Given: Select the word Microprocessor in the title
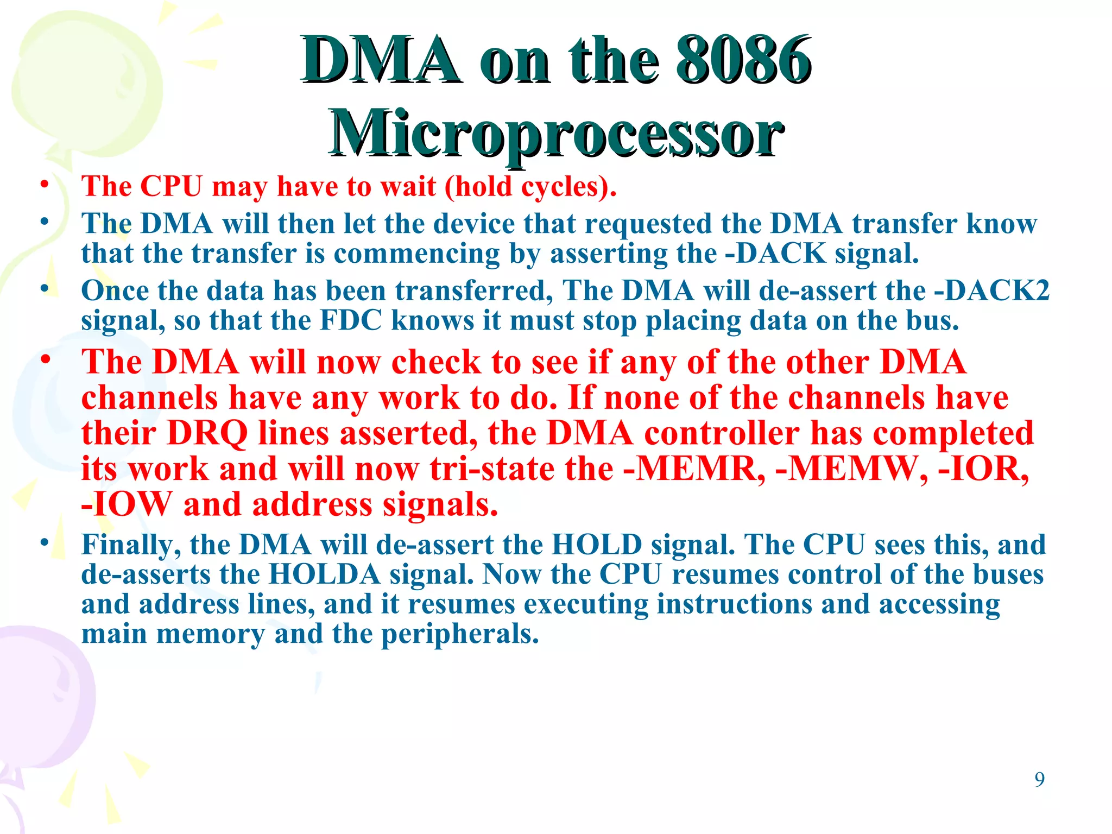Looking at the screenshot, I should click(x=556, y=133).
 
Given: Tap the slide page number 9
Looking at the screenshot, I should click(x=1039, y=779).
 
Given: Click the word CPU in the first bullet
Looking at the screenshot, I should click(x=172, y=186).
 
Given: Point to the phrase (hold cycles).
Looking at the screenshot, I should click(x=530, y=187).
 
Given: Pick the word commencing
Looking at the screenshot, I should click(x=417, y=254).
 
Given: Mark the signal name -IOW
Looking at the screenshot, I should click(x=126, y=504).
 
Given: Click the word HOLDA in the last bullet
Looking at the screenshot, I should click(x=324, y=574).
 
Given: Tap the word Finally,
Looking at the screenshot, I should click(x=131, y=545).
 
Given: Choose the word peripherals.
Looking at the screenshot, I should click(x=460, y=634).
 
